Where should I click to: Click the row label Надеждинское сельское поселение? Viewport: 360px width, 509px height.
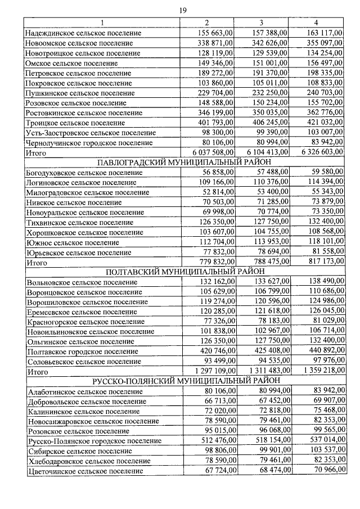[x=83, y=33]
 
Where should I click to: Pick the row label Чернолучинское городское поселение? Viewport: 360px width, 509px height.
[x=89, y=142]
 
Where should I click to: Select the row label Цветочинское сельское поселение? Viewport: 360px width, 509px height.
[x=84, y=471]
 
